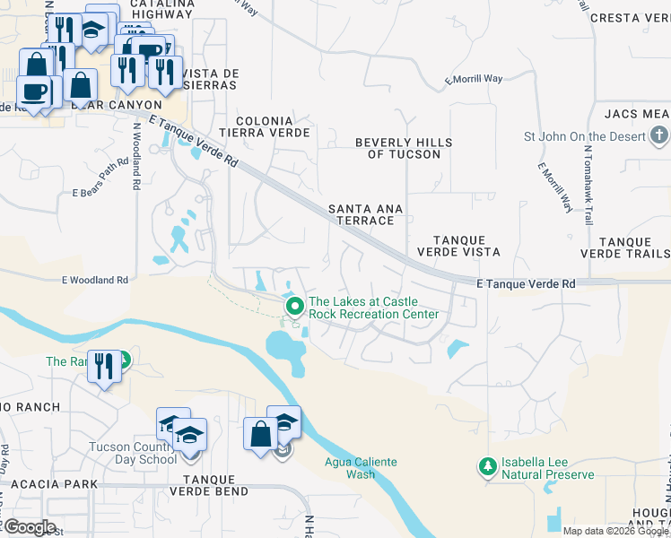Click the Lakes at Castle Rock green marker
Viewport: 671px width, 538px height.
[294, 308]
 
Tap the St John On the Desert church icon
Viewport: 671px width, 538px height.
[659, 136]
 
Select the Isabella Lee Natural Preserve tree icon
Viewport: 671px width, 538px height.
[487, 467]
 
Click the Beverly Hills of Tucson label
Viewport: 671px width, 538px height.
[404, 148]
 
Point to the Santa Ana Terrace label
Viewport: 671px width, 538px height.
[365, 214]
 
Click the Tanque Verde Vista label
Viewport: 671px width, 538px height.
[459, 247]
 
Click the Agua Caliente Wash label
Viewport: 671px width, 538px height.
[360, 468]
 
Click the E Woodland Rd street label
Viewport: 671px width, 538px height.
[95, 281]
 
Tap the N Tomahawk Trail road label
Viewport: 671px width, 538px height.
[589, 194]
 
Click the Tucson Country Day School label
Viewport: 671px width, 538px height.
[133, 453]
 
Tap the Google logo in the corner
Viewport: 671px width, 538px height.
[29, 527]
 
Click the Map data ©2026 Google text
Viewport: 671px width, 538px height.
[615, 531]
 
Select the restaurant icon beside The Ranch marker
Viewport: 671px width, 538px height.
[104, 366]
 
